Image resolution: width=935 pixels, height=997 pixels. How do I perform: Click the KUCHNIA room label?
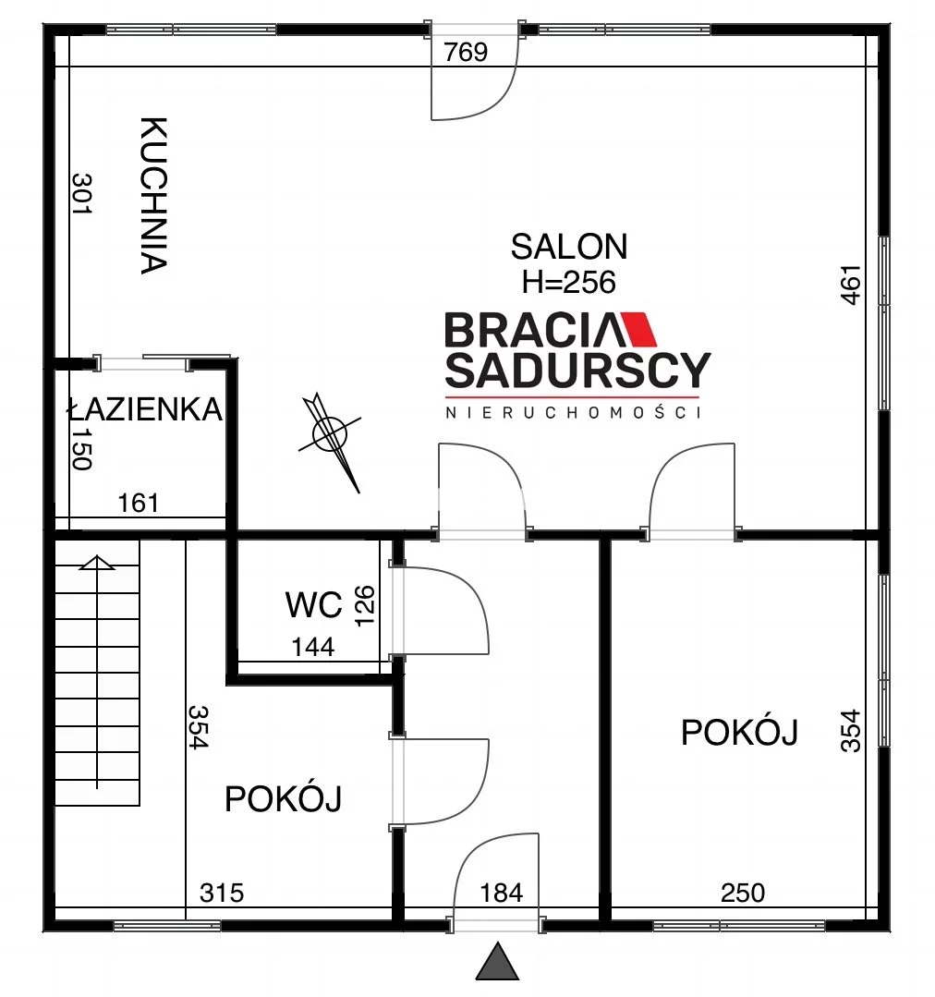(153, 195)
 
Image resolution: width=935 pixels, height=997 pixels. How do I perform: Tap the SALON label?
(569, 247)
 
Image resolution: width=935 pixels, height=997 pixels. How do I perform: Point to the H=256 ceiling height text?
(569, 282)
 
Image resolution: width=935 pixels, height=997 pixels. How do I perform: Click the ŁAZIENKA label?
(145, 408)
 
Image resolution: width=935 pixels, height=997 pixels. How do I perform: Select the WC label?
(314, 604)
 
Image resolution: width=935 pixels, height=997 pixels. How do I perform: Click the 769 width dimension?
(466, 52)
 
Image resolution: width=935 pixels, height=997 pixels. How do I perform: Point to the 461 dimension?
(851, 285)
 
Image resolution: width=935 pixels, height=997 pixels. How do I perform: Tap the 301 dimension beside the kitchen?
(82, 193)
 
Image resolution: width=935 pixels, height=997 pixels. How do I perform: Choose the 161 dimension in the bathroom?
(138, 504)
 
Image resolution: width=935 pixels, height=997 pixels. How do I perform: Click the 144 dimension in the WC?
(312, 648)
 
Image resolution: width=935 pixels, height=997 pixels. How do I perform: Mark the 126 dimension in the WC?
(364, 606)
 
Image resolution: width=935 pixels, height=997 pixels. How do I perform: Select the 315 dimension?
(222, 894)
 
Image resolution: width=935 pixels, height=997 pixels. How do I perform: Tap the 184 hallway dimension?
(502, 894)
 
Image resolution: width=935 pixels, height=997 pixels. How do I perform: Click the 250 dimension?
(743, 894)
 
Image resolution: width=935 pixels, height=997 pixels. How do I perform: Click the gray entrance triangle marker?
(498, 961)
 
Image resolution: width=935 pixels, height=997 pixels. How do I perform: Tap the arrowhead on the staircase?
(97, 563)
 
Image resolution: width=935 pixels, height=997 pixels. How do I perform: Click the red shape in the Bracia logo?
(638, 329)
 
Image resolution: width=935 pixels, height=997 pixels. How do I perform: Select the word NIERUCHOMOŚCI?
(574, 413)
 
